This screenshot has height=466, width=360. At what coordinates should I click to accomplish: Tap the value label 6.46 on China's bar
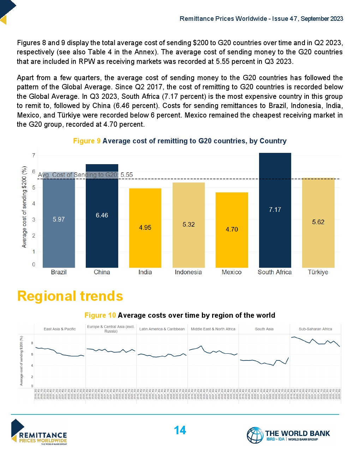coord(102,215)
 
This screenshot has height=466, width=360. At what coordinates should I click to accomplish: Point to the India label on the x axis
coord(145,272)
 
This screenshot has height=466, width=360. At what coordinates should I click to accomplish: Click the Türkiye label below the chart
coord(318,272)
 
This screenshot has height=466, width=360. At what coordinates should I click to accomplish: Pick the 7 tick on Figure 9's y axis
coord(34,156)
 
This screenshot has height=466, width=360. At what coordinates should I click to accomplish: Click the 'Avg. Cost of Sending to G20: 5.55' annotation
coord(85,175)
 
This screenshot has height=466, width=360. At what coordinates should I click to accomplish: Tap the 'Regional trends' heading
coord(70,296)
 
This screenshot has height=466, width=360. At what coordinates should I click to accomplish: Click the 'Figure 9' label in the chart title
coord(86,141)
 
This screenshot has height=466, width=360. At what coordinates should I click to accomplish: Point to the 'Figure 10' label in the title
coord(100,315)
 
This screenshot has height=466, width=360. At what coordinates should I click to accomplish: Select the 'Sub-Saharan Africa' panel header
coord(315,329)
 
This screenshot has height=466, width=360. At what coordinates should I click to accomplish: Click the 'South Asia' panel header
coord(264,329)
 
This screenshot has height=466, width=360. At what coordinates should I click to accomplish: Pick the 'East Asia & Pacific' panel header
coord(60,329)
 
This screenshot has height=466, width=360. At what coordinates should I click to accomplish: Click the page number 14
coord(180,430)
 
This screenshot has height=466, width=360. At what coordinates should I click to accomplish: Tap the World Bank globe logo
coord(255,435)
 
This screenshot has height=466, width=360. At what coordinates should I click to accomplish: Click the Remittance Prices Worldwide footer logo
coord(39,432)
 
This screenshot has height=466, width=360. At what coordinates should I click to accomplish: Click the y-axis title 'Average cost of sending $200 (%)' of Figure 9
coord(24,207)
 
